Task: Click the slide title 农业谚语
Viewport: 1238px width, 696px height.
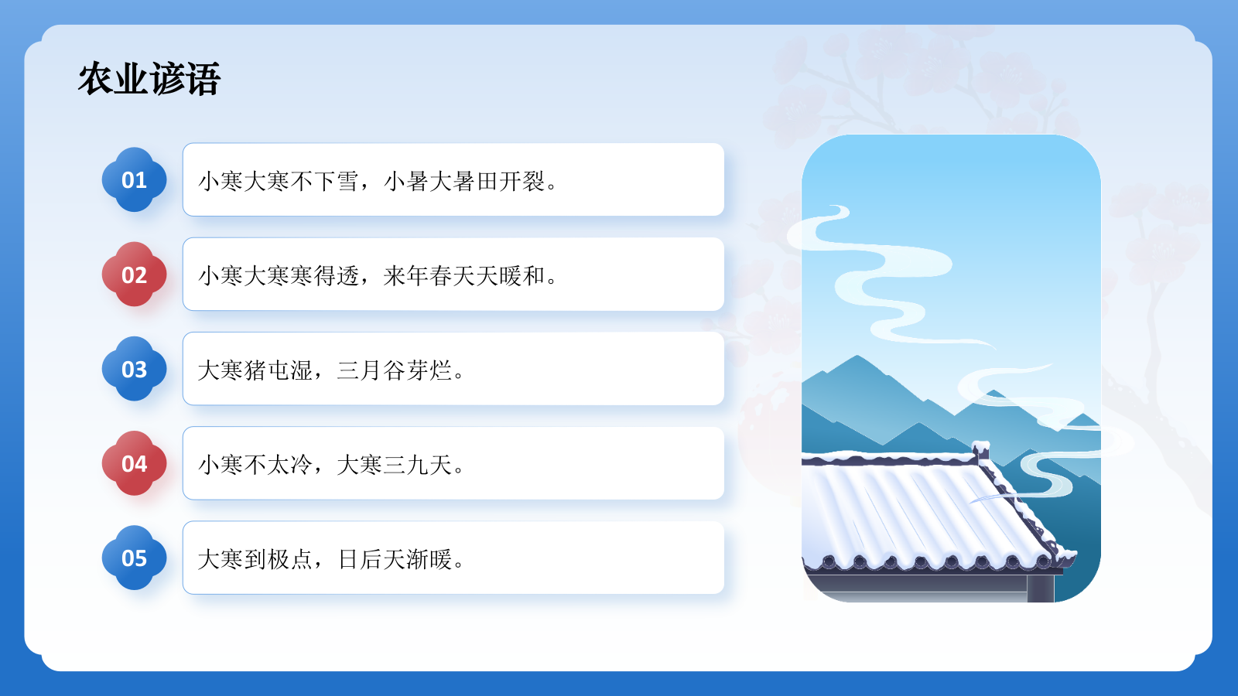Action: pos(149,79)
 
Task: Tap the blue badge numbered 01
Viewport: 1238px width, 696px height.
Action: pos(134,180)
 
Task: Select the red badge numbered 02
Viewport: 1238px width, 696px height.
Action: pos(134,275)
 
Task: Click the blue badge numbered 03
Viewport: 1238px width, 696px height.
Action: pos(134,369)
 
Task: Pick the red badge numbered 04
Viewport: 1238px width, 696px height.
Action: pos(134,463)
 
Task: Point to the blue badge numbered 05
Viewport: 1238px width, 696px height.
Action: pos(134,558)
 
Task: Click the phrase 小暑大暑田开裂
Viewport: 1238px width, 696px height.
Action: pos(465,182)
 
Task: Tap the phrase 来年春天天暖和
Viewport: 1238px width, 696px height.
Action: pos(465,276)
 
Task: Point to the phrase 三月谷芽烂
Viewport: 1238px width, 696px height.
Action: pos(395,370)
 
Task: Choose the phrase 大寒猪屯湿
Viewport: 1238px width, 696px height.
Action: pos(255,370)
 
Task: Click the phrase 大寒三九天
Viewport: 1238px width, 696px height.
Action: pos(395,465)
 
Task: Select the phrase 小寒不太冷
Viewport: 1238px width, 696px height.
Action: pos(255,465)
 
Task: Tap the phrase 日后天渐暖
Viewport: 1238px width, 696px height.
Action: pos(395,559)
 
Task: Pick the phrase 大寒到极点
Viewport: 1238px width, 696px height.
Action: pos(255,559)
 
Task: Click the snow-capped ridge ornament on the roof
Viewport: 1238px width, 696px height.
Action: pos(981,449)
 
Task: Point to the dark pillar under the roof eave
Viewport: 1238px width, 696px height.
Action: pos(1041,588)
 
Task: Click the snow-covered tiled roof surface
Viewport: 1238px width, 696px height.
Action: pos(913,510)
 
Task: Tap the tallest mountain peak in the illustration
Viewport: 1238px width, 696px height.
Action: pos(857,359)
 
